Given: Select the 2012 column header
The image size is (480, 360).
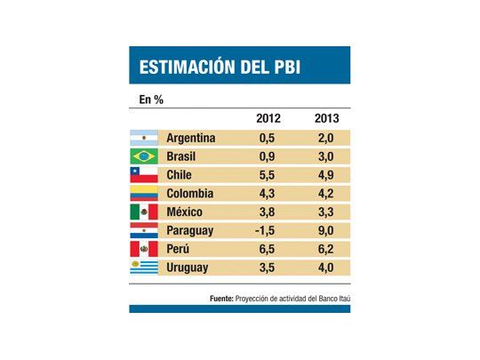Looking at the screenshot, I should [270, 117].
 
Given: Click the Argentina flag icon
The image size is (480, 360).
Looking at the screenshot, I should [144, 138].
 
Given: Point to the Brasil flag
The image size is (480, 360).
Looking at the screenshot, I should [144, 156].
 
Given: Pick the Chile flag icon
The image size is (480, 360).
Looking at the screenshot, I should [144, 175].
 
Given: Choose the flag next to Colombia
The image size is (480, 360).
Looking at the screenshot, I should [144, 194].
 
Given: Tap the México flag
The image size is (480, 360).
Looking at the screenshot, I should [144, 212].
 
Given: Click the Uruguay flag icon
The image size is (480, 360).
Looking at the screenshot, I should [144, 267].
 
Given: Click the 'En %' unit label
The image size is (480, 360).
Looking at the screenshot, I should [150, 99].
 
